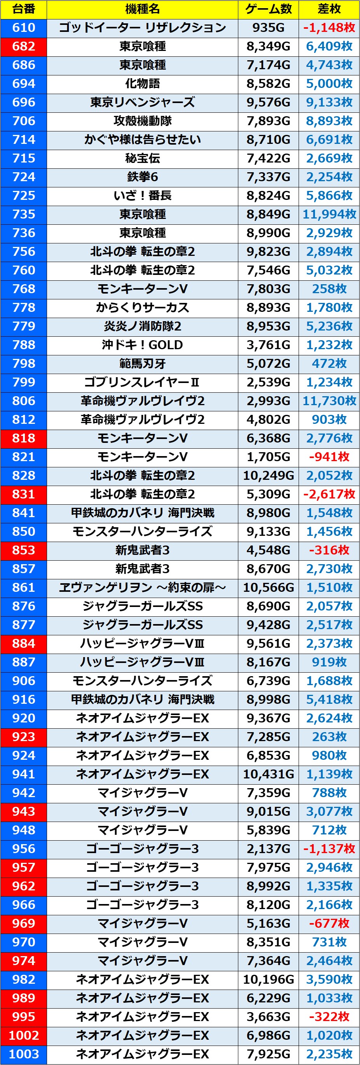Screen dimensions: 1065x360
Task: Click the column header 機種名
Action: (x=142, y=9)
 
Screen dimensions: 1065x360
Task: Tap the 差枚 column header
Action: (x=329, y=9)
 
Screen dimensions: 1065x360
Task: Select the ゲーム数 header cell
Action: (x=268, y=9)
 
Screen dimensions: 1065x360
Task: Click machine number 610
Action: (x=24, y=28)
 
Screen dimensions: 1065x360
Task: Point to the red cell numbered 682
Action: (x=24, y=46)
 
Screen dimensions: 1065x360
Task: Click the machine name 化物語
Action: (x=142, y=84)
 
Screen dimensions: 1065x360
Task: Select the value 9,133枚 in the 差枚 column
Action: (x=329, y=102)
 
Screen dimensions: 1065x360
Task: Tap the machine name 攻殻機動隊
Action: (x=142, y=121)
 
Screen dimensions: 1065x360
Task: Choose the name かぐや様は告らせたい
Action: (x=142, y=140)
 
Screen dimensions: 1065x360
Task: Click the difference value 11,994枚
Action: (x=329, y=214)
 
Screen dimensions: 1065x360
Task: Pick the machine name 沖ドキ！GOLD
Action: (x=142, y=345)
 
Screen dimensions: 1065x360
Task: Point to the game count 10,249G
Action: (x=268, y=476)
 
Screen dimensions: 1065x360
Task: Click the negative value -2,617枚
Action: (x=329, y=494)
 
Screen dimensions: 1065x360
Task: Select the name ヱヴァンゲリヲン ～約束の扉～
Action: (x=142, y=588)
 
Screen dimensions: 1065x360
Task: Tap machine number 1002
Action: (x=24, y=1035)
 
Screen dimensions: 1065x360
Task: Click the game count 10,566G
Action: (x=268, y=588)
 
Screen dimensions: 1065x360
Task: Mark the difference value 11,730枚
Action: (x=329, y=400)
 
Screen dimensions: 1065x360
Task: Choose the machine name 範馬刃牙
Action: (x=142, y=364)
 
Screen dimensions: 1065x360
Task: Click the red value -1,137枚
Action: (x=329, y=849)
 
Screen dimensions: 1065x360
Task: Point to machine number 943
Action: (x=24, y=811)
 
